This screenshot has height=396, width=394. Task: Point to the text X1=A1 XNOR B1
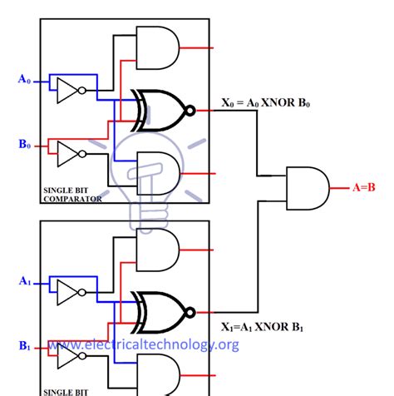tap(265, 328)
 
